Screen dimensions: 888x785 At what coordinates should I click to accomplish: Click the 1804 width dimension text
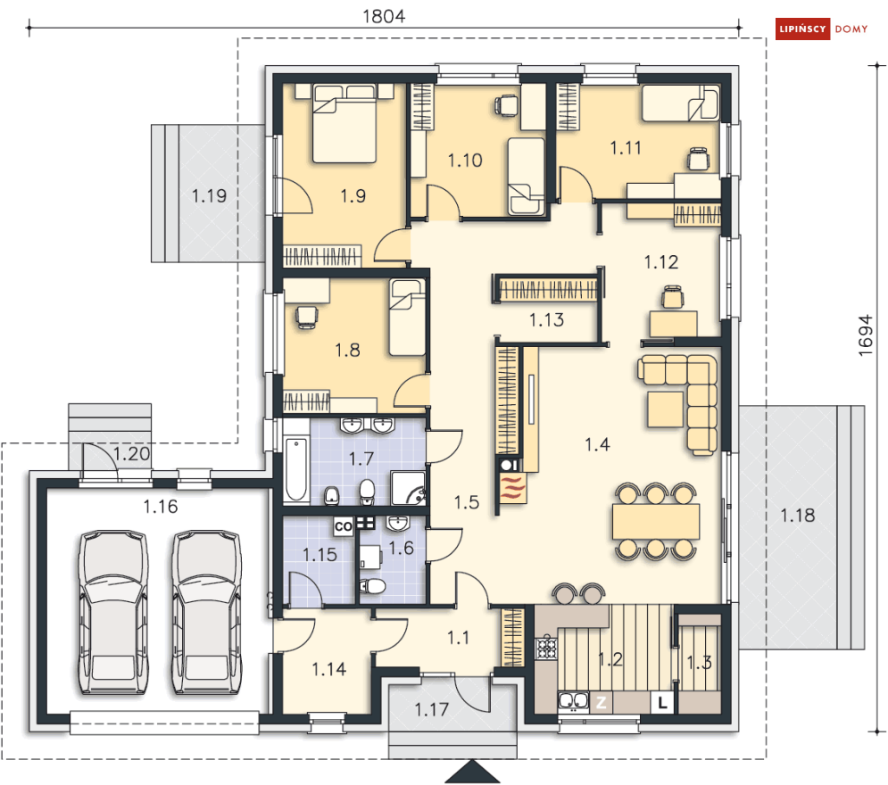pyautogui.click(x=384, y=16)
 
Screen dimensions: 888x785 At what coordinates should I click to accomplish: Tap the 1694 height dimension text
pyautogui.click(x=866, y=335)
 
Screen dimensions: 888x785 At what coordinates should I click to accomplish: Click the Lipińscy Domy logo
pyautogui.click(x=822, y=29)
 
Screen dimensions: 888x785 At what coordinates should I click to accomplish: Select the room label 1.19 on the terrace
pyautogui.click(x=209, y=196)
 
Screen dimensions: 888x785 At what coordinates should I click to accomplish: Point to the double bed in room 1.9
pyautogui.click(x=344, y=123)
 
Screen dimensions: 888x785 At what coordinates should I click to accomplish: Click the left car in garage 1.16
pyautogui.click(x=113, y=612)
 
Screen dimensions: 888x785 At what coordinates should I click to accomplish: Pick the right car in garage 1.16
pyautogui.click(x=207, y=612)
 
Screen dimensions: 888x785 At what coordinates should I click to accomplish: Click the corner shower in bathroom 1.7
pyautogui.click(x=408, y=488)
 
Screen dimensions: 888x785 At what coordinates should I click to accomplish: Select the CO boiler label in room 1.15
pyautogui.click(x=344, y=526)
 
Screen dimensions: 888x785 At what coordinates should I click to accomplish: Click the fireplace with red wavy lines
pyautogui.click(x=511, y=488)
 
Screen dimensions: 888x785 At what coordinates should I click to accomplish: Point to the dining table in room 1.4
pyautogui.click(x=655, y=521)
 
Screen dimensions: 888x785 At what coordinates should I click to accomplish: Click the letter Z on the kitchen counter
pyautogui.click(x=601, y=702)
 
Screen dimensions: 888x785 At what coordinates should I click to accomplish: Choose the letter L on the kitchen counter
pyautogui.click(x=662, y=702)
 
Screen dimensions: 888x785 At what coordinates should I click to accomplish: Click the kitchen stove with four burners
pyautogui.click(x=546, y=648)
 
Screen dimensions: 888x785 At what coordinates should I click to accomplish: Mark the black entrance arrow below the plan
pyautogui.click(x=472, y=772)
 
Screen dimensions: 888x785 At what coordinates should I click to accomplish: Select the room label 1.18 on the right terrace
pyautogui.click(x=797, y=515)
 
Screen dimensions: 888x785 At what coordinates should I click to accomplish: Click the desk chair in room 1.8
pyautogui.click(x=306, y=317)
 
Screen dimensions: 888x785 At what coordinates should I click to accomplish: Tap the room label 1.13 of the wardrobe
pyautogui.click(x=546, y=319)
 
